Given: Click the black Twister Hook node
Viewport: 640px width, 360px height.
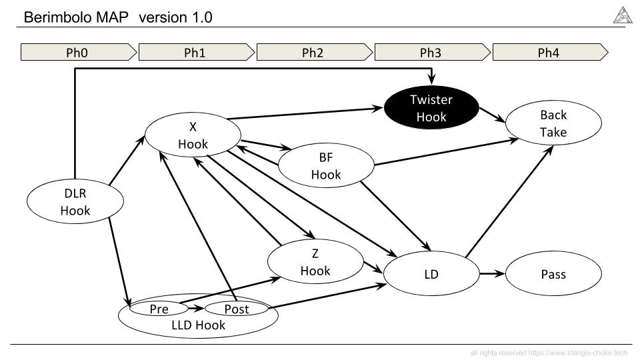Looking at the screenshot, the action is tap(431, 108).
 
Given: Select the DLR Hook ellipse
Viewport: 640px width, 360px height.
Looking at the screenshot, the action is tap(75, 201).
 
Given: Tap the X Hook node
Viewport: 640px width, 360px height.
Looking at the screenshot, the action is tap(193, 135).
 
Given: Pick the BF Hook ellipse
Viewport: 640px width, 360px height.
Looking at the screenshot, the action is tap(326, 165).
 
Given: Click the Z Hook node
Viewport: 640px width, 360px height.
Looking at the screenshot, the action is tap(315, 261).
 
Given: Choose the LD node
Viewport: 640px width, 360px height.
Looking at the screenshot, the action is tap(431, 273).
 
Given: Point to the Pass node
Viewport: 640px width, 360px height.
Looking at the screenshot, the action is tap(553, 273).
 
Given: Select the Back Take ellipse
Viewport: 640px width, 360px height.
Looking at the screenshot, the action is tap(553, 123).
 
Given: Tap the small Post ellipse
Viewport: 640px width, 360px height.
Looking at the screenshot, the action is tap(236, 309).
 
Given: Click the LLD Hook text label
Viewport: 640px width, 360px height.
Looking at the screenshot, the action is tap(199, 325).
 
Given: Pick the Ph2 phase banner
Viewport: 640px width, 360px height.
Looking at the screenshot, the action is tap(314, 52).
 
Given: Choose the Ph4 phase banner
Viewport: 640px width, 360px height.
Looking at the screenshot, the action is tap(550, 52).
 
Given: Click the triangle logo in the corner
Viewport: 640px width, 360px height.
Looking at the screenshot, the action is tap(623, 15).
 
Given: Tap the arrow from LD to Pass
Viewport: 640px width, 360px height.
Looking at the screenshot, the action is tap(492, 273).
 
